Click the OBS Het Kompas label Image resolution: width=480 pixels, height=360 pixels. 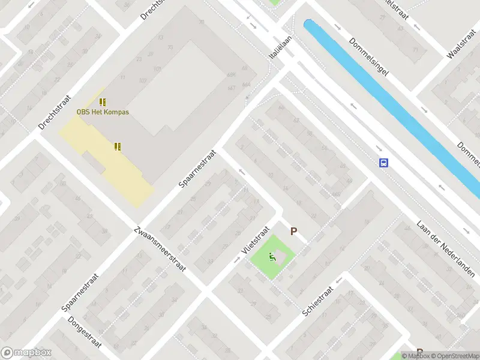click(103, 112)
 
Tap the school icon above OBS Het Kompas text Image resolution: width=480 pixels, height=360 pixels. click(103, 102)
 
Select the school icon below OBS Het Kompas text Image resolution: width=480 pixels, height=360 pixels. click(118, 146)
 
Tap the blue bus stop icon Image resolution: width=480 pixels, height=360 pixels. click(383, 162)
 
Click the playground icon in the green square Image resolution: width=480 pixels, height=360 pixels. click(272, 257)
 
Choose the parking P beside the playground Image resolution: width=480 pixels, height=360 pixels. click(294, 231)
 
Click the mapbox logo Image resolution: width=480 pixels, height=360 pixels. click(26, 353)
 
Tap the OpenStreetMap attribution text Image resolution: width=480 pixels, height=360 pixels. click(454, 356)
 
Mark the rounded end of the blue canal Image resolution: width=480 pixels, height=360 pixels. click(309, 25)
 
